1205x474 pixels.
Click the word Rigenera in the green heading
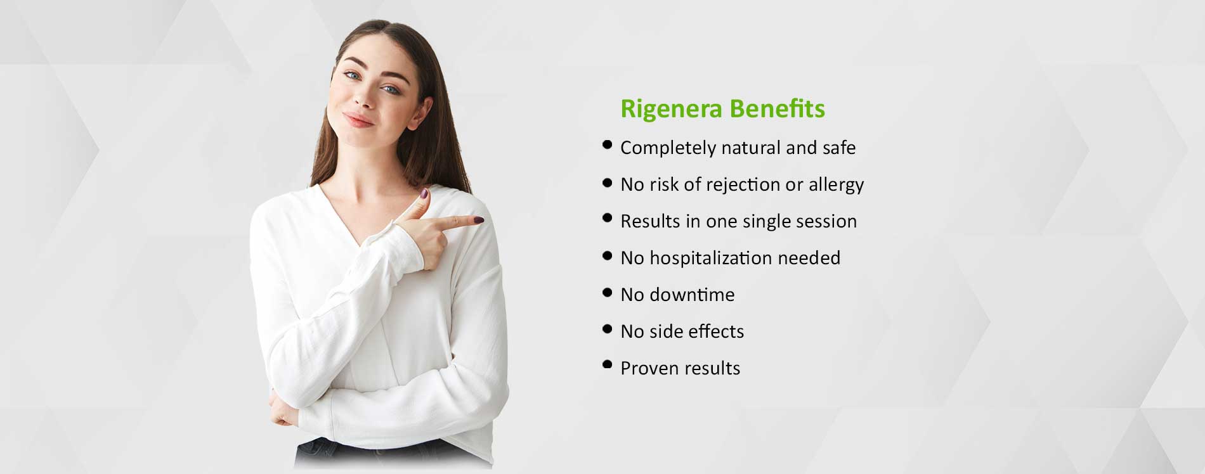pos(672,110)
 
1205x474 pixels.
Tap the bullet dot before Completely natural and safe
pos(608,145)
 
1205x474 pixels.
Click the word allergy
pos(833,185)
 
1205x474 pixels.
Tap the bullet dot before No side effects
pos(608,329)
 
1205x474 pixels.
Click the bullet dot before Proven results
pos(608,364)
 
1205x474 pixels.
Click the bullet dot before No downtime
pos(608,293)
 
